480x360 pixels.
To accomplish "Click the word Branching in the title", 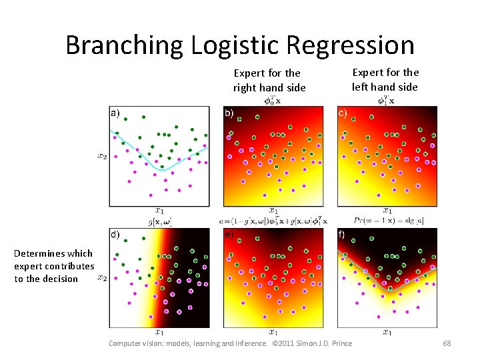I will click(124, 45).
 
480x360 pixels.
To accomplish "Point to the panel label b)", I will click(229, 113).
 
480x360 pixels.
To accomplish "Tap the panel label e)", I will click(229, 234).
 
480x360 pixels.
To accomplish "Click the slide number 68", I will click(447, 343).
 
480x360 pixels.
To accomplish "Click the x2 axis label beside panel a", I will click(102, 157).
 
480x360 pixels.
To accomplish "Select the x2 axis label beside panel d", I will click(102, 277).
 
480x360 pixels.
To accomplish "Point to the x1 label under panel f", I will click(387, 331).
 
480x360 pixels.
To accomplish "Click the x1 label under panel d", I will click(160, 331).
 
